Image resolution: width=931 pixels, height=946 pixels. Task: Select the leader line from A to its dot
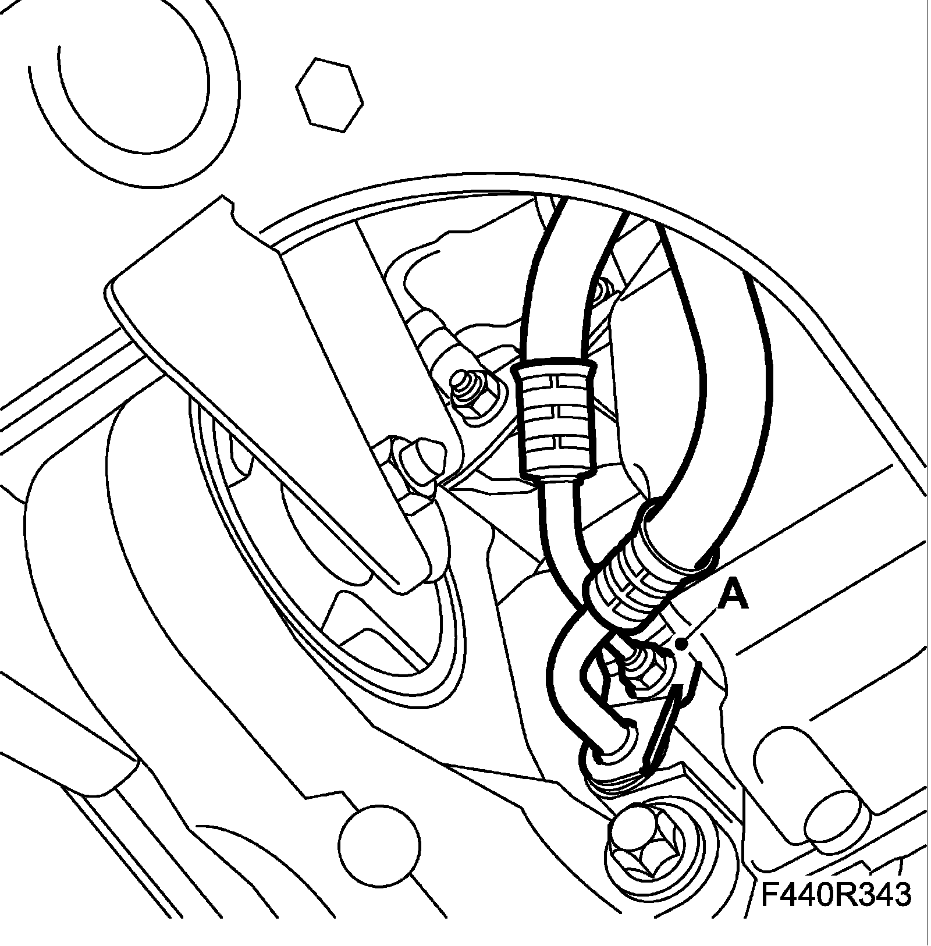tap(704, 625)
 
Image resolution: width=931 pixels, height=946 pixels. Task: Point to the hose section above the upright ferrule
tap(550, 279)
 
